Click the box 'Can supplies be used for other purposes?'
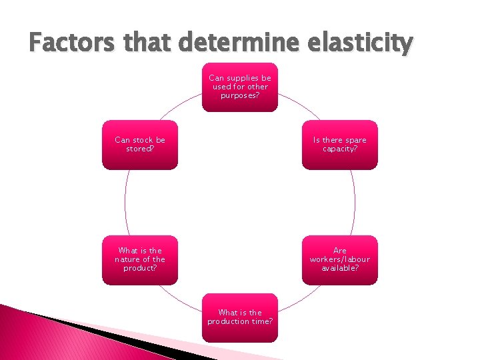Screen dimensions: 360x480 coord(240,87)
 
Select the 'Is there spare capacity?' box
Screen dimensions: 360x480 coord(340,145)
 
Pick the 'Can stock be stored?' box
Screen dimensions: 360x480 coord(140,145)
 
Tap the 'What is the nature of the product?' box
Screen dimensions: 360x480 coord(140,260)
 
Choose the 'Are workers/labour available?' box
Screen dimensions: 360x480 coord(340,260)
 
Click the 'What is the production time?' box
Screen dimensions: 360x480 coord(240,317)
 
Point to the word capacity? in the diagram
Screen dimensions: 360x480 coord(340,149)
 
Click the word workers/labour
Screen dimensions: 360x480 coord(340,259)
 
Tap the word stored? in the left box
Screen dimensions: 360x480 coord(140,149)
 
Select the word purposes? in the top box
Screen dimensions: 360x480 coord(240,95)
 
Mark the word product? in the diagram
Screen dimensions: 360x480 coord(140,268)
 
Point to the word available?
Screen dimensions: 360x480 coord(340,268)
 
